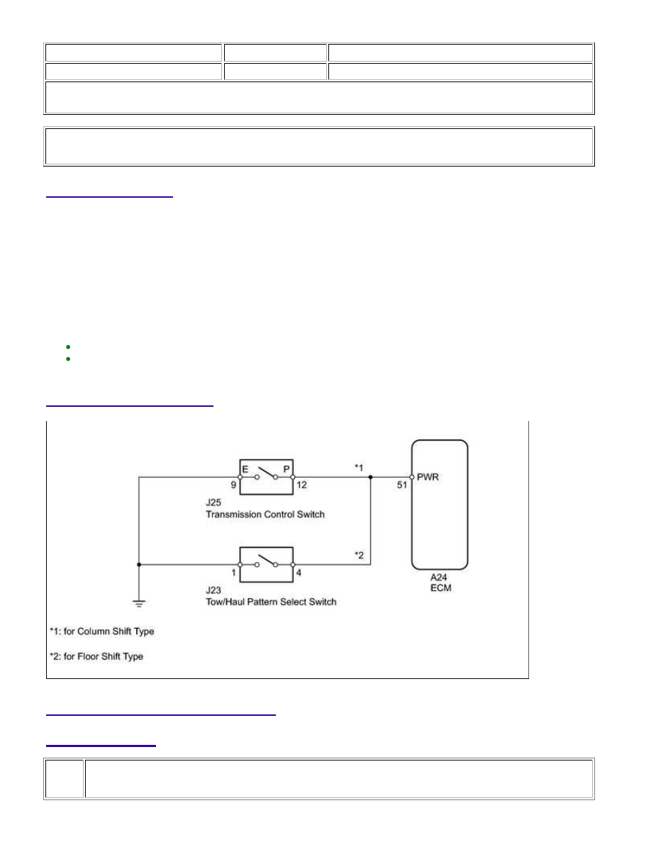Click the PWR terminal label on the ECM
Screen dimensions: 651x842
tap(428, 477)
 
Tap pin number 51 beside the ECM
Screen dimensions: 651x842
tap(402, 485)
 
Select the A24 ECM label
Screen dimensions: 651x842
tap(440, 583)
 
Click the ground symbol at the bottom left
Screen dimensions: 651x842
tap(139, 604)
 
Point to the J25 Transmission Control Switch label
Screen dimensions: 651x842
tap(265, 508)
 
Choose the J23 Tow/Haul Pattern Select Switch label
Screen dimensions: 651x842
tap(271, 596)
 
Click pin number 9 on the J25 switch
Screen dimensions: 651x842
tap(233, 485)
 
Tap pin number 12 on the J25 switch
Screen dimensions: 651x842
tap(301, 485)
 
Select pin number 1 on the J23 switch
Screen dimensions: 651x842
tap(233, 573)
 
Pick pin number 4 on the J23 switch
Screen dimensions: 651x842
tap(299, 573)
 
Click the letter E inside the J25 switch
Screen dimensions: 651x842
tap(245, 469)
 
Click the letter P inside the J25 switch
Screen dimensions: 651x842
tap(286, 469)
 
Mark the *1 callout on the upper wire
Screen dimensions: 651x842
tap(359, 468)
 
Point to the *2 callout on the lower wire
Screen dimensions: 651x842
tap(359, 555)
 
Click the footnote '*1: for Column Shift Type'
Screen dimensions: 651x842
tap(102, 631)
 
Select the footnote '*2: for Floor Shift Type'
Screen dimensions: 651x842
tap(96, 656)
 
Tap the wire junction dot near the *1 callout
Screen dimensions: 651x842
tap(371, 477)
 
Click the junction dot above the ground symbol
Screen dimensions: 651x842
tap(139, 564)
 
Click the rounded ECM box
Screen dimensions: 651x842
tap(411, 505)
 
